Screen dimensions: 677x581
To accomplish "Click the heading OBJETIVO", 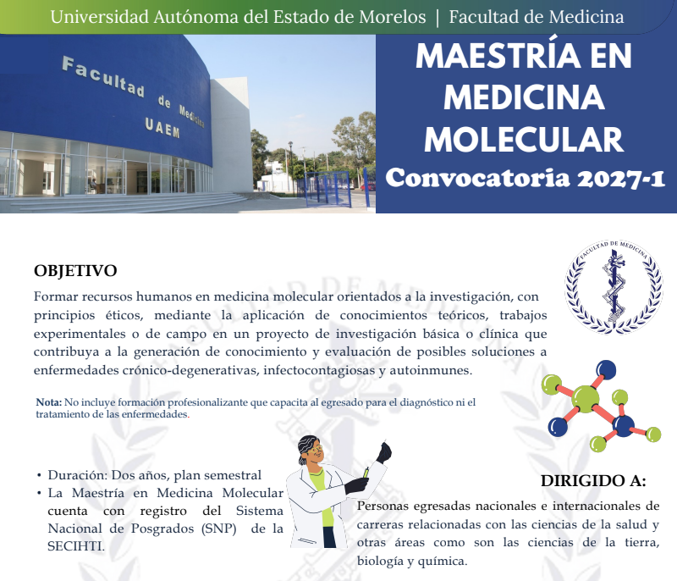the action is coord(75,271).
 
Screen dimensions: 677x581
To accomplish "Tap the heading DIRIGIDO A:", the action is coord(594,481).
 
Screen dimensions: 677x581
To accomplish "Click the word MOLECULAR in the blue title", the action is coord(524,140).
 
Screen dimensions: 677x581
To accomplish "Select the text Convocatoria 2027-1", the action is coord(525,179).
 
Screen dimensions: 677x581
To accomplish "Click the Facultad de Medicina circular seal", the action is coord(614,287).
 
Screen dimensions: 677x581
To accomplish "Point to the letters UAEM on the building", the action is coord(162,128).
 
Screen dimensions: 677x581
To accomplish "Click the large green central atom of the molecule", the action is coord(586,399).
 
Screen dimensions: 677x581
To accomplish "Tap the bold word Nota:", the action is coord(49,402).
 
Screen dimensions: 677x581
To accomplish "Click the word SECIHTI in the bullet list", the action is coord(75,546).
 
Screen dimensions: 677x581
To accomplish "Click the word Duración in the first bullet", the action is coord(77,475).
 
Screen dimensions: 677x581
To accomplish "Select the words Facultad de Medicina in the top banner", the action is coord(537,17).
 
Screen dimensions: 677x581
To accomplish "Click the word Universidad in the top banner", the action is coord(99,17).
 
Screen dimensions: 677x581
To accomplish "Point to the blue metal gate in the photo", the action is coord(328,188).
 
